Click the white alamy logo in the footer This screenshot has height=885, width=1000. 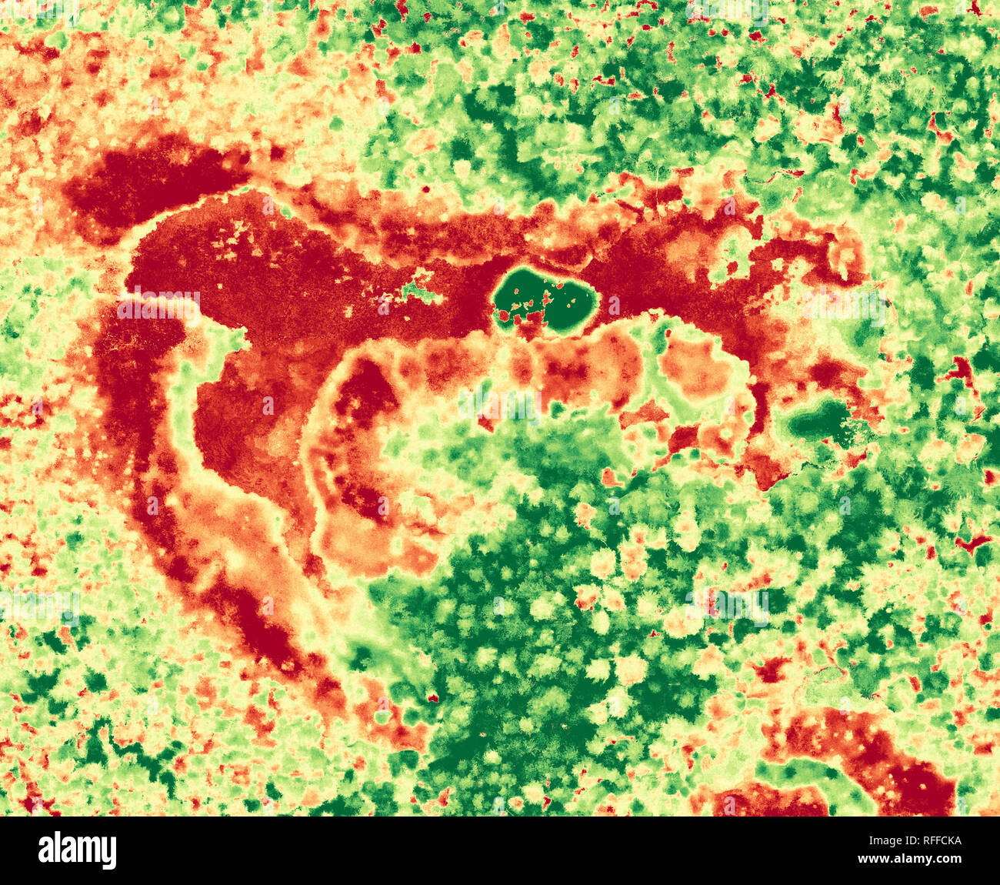coord(78,850)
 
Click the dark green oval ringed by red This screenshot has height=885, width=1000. coord(545,301)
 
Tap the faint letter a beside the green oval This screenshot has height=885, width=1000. coord(612,305)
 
